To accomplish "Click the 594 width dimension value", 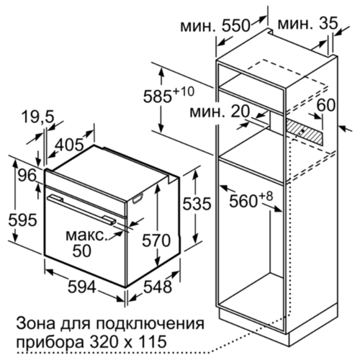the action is [x=82, y=287].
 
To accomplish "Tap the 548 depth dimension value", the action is [x=158, y=287].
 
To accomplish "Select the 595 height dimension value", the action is [x=22, y=220].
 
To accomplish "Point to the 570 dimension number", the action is [x=156, y=240].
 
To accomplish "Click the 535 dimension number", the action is [x=197, y=204].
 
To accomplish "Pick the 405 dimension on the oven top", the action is [x=69, y=145].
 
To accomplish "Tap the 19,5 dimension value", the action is [x=38, y=117].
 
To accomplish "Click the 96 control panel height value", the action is [x=27, y=175].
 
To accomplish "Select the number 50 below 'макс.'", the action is [x=82, y=251].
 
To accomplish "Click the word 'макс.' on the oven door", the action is [x=86, y=235].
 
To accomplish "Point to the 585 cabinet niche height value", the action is [x=158, y=96].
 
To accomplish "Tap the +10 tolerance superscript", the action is [x=184, y=91].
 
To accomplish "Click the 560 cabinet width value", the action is [x=243, y=201].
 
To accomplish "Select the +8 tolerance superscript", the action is [x=266, y=196].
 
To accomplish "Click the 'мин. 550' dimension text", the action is [x=215, y=26].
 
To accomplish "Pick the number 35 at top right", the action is [x=328, y=23].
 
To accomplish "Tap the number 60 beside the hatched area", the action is [x=325, y=105].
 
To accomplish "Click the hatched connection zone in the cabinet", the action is [x=305, y=132].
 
